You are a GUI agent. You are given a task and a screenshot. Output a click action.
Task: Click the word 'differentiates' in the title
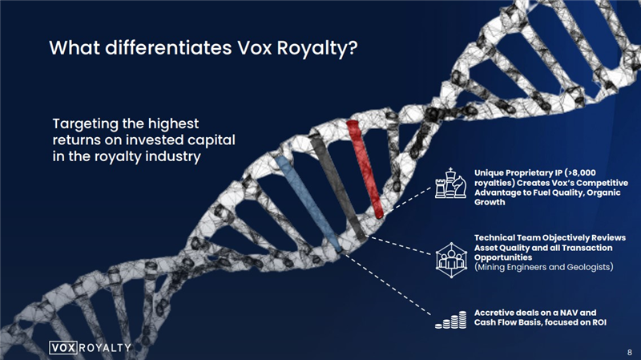tap(168, 48)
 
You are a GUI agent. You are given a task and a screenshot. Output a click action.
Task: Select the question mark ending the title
tap(353, 48)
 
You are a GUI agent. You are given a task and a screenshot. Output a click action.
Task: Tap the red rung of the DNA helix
tap(365, 168)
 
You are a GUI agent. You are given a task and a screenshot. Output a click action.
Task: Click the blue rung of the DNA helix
tap(308, 203)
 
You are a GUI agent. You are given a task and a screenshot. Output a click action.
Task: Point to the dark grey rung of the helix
tap(337, 188)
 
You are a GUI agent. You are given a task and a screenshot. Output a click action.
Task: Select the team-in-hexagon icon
tap(451, 261)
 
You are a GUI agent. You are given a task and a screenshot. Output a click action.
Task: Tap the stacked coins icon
tap(450, 320)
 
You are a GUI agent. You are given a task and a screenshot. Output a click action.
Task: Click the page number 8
tap(629, 352)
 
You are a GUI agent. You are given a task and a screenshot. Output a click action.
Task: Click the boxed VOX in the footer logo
tap(63, 348)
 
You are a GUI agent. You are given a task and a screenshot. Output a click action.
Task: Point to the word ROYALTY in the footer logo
tap(105, 348)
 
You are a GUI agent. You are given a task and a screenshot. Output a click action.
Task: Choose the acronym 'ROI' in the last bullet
tap(599, 322)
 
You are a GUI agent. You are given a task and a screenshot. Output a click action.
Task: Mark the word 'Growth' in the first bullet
tap(490, 203)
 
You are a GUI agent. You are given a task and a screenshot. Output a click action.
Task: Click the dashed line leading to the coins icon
tap(386, 285)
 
